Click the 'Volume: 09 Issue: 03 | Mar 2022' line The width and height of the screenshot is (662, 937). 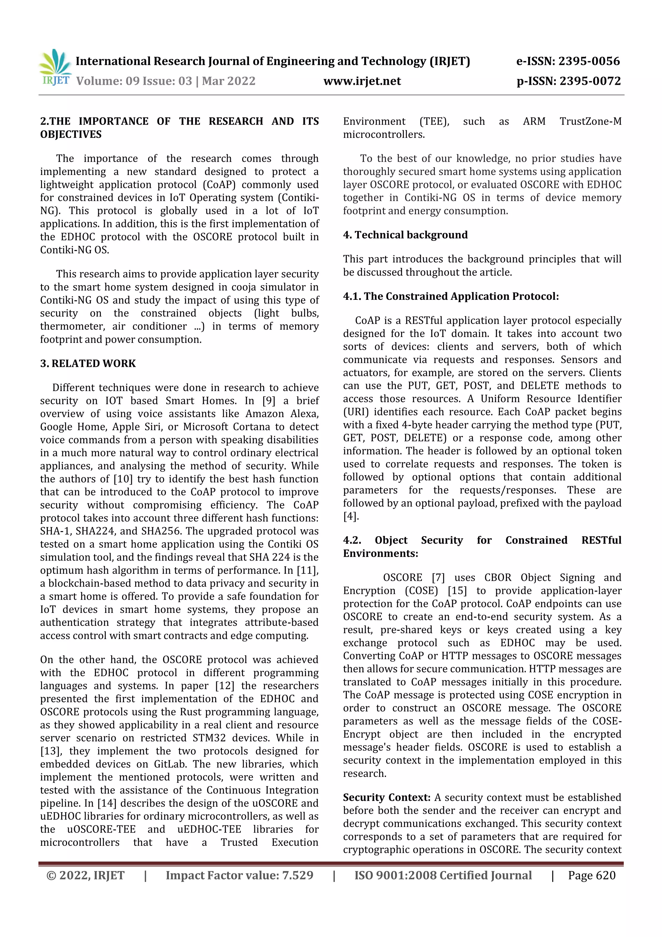click(x=165, y=81)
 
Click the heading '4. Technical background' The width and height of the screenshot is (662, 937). click(x=405, y=235)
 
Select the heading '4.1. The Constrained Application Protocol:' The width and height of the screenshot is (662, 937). click(x=451, y=296)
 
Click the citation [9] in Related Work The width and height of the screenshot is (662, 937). click(x=269, y=400)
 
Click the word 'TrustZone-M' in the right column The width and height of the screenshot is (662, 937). click(x=590, y=121)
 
